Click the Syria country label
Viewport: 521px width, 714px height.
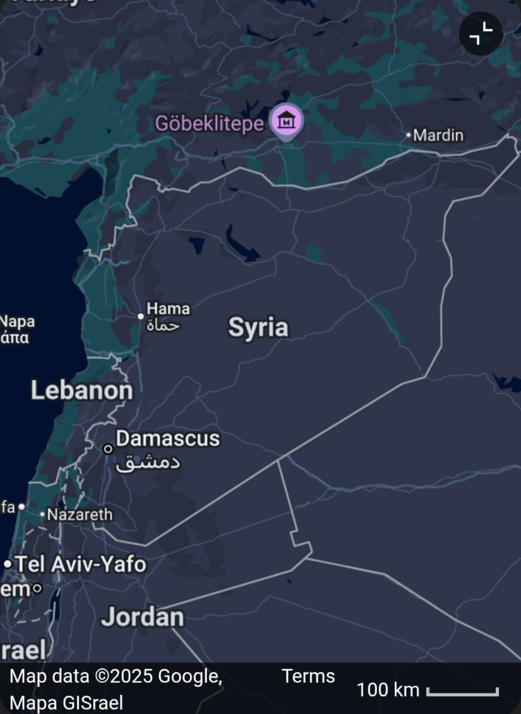[258, 327]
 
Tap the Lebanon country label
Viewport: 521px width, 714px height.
[82, 390]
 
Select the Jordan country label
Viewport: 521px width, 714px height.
[142, 617]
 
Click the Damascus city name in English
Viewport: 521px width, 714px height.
[168, 438]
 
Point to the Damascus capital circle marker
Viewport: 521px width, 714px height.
[108, 449]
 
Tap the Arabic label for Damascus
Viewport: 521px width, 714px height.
[148, 462]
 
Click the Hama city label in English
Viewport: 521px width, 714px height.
[168, 309]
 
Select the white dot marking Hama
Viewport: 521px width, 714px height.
[141, 316]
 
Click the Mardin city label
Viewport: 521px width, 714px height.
[438, 135]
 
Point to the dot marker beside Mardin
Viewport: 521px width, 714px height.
[409, 135]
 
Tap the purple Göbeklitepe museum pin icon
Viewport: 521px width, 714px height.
[286, 121]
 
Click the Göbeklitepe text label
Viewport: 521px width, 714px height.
[209, 123]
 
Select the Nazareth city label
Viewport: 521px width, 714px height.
[80, 515]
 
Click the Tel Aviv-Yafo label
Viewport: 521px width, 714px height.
[81, 564]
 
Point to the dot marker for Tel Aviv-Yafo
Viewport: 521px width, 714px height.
[8, 564]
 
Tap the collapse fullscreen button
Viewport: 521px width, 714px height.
[481, 33]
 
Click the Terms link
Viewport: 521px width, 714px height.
[308, 676]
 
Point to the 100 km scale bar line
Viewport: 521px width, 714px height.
[462, 692]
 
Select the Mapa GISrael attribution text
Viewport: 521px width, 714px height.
[67, 702]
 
